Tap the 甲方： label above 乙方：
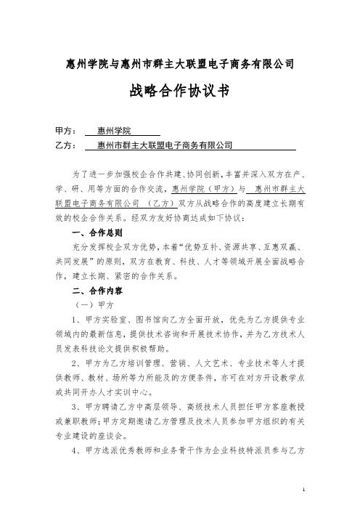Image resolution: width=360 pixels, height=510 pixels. click(x=66, y=131)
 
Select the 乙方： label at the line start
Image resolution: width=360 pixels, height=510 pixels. click(x=66, y=146)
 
